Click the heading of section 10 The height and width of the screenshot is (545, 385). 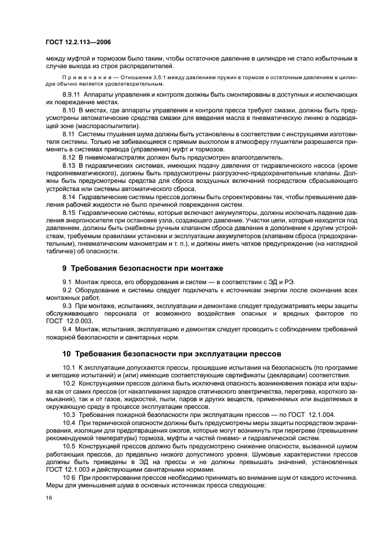(164, 353)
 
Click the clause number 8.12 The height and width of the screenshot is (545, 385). (69, 157)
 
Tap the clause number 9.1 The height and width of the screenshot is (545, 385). (68, 282)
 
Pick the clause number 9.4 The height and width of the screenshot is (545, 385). (68, 329)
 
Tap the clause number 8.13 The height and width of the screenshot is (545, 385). (69, 165)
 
